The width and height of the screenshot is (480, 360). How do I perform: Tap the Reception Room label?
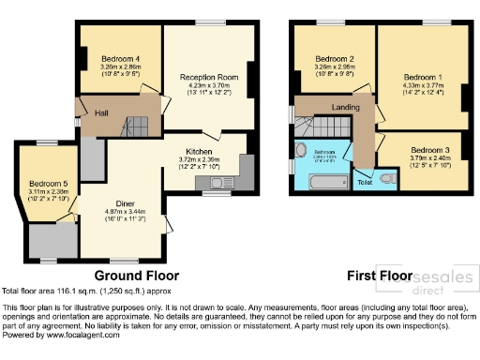click(x=208, y=77)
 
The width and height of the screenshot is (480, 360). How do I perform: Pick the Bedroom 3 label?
click(x=429, y=150)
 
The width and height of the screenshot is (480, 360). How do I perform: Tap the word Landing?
click(x=346, y=109)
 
